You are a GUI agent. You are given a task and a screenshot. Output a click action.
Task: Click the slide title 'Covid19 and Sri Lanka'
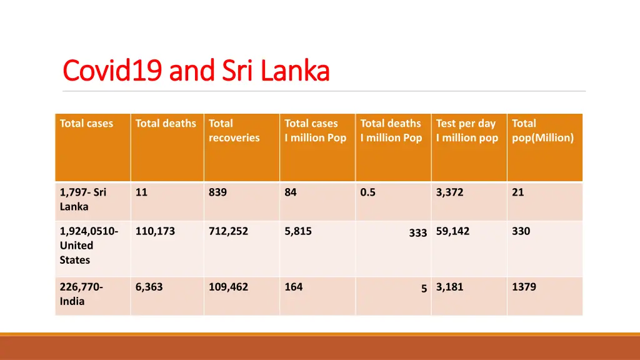[x=196, y=71]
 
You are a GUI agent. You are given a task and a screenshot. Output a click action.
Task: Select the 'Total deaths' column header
[x=166, y=124]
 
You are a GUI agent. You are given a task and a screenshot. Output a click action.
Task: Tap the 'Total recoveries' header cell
[x=234, y=131]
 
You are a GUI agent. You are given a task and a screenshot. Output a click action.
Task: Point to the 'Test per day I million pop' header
[x=467, y=131]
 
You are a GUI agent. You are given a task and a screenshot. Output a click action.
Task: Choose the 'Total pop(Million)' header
[x=542, y=131]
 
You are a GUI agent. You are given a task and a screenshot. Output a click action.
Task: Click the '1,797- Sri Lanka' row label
[x=83, y=199]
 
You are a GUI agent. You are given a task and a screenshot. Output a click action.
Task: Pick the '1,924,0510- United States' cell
[x=88, y=246]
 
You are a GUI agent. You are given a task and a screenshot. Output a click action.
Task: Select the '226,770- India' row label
[x=81, y=294]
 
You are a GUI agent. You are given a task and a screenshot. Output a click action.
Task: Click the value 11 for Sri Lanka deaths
[x=142, y=192]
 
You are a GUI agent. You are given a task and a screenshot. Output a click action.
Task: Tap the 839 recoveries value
[x=218, y=192]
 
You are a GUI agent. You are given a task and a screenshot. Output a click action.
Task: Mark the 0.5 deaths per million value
[x=368, y=192]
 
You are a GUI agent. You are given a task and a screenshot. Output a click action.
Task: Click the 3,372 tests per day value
[x=450, y=192]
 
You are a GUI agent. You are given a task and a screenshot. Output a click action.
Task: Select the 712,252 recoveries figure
[x=228, y=231]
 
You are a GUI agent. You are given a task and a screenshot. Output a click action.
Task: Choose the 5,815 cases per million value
[x=298, y=231]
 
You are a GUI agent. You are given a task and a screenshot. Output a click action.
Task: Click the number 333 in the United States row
[x=418, y=233]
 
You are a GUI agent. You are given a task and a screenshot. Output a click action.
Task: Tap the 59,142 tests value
[x=453, y=231]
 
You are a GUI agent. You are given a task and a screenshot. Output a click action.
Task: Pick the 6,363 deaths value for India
[x=149, y=287]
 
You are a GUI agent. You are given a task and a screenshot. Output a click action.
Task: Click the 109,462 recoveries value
[x=228, y=287]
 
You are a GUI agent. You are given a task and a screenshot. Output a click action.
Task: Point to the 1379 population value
[x=524, y=287]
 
